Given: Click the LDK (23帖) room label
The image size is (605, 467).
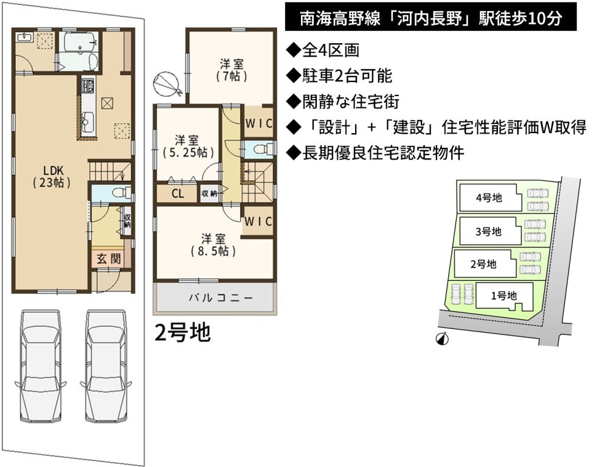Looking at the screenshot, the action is pos(52,176).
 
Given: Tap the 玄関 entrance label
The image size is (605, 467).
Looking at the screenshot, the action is pos(108,258).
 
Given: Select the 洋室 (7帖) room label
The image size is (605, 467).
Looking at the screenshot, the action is pos(232,70).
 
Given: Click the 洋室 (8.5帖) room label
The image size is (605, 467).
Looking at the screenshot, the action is pos(213,244).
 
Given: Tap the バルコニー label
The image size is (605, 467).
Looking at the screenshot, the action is pos(221,297).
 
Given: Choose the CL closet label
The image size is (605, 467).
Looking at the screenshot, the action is pos(178,193).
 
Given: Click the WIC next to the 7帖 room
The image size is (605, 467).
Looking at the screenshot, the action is pos(259,123).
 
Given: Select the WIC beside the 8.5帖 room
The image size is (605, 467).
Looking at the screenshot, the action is pos(258,221).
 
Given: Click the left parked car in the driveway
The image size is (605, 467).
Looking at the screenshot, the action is pos(41,365).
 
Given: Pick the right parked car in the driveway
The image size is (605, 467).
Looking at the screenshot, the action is pos(106,365).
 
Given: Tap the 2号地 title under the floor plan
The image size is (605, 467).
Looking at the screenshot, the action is pos(182,332).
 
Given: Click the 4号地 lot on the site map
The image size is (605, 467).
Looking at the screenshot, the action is pos(489,198).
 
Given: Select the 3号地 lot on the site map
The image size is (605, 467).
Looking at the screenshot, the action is pos(488,232).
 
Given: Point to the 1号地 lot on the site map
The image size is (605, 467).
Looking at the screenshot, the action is pos(503,296).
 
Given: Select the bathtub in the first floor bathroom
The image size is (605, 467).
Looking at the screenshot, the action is pos(80,42).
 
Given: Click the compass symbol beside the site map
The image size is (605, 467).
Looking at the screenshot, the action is pos(442,339).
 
